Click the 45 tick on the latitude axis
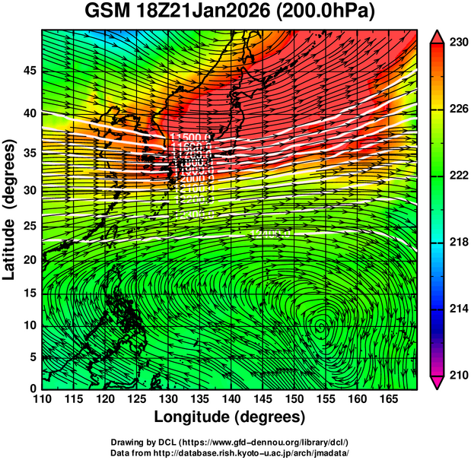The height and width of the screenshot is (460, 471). click(28, 71)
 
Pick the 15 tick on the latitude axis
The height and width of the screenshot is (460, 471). click(28, 293)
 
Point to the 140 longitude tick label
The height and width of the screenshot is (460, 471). click(230, 399)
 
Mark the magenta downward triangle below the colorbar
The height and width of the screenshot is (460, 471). click(437, 382)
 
